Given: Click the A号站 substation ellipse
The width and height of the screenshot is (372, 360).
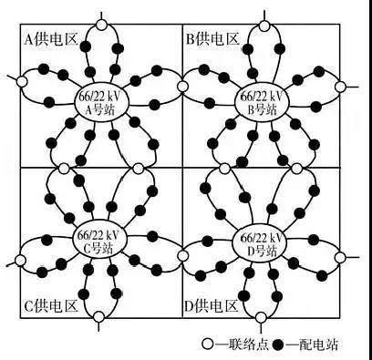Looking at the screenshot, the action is [x=102, y=102].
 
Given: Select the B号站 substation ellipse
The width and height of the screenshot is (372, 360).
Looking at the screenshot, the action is [x=263, y=103].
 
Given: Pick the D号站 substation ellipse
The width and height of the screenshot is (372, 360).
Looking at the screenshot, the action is [x=260, y=240].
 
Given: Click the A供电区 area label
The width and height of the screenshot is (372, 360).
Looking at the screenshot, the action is [x=51, y=39].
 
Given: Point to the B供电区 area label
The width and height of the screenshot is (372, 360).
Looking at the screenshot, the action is [x=212, y=39].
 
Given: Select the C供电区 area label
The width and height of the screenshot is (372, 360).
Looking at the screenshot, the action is [x=51, y=306].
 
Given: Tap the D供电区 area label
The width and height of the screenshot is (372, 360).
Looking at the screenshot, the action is [x=211, y=306].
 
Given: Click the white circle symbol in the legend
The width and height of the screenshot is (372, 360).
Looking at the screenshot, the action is [x=208, y=345].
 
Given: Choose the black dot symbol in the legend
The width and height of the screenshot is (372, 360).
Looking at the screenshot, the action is [x=277, y=345].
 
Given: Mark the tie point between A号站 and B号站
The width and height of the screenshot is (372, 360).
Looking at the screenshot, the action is [x=182, y=87].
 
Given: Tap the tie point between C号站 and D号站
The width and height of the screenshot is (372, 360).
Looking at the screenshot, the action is [x=182, y=255].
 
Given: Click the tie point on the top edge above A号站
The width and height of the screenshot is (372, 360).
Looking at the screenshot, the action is [x=102, y=25].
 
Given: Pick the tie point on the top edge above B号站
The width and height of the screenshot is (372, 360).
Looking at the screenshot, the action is [x=264, y=26].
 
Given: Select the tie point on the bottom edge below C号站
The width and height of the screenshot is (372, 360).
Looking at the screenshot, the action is [x=98, y=317].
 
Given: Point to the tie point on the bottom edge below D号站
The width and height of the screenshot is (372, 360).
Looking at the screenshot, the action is [x=260, y=318].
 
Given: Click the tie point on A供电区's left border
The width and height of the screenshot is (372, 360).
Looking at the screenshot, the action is [x=22, y=81].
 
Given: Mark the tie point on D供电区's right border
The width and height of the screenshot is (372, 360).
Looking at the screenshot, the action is [x=340, y=257].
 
